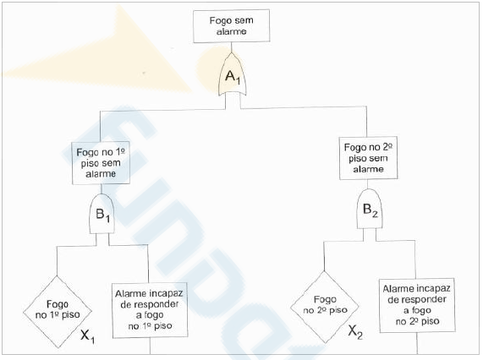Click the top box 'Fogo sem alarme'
[x=231, y=26]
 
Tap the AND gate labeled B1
[x=102, y=214]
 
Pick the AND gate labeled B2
[x=370, y=209]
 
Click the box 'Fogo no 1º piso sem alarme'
[x=101, y=163]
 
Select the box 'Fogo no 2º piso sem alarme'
[x=368, y=158]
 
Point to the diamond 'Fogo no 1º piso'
[x=58, y=312]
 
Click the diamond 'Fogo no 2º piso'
[x=325, y=307]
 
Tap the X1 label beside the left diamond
[x=87, y=335]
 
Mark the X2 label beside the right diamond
[x=355, y=332]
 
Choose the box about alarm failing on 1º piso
[x=150, y=310]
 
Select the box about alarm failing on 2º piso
[x=417, y=305]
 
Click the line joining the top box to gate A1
[x=231, y=47]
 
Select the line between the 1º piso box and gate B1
[x=102, y=189]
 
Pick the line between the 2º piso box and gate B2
[x=367, y=184]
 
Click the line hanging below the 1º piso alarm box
[x=151, y=346]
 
